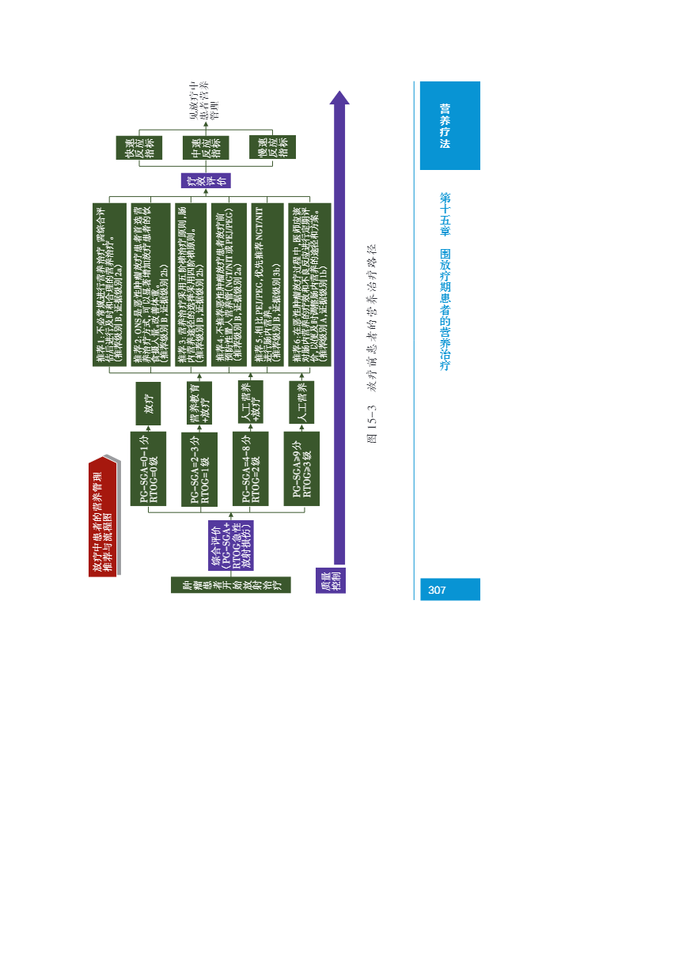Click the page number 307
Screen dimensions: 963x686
(x=438, y=590)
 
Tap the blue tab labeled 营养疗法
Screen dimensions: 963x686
(x=449, y=126)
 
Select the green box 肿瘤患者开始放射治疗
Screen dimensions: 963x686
(x=230, y=585)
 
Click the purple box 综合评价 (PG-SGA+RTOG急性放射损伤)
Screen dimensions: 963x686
(x=230, y=545)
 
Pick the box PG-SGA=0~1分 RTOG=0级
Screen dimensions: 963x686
(x=148, y=468)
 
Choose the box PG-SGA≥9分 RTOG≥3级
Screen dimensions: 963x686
(x=301, y=468)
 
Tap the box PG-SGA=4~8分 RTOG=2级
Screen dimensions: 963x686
(x=250, y=468)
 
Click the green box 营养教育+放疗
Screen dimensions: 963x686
(x=199, y=403)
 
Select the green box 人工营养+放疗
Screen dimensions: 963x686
(x=251, y=402)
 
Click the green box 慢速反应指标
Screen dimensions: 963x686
(x=272, y=148)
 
